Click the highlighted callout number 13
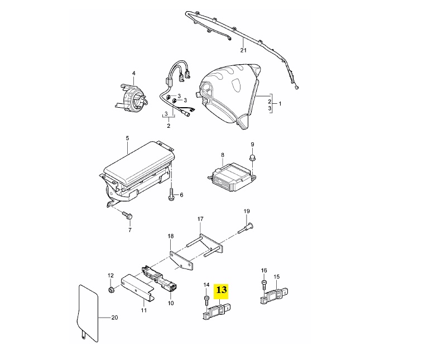(x=221, y=290)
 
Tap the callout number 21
(x=243, y=50)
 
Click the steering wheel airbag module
(x=229, y=95)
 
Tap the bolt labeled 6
(x=171, y=194)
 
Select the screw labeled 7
(x=127, y=215)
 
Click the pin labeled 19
(x=246, y=228)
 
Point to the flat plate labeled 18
(x=181, y=261)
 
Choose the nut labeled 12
(x=110, y=290)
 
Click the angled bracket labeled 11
(x=137, y=288)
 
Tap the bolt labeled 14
(x=206, y=301)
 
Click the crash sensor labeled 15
(x=275, y=296)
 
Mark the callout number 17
(x=200, y=219)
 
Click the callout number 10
(x=171, y=303)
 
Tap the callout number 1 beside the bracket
(x=280, y=104)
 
